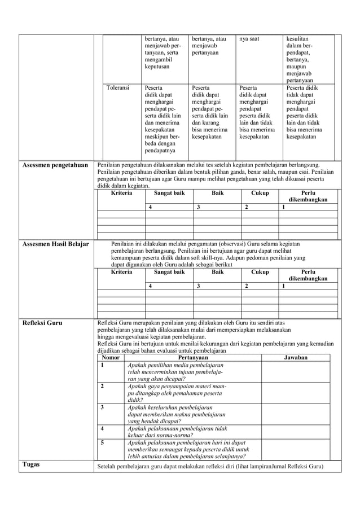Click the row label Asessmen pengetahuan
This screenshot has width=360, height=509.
(x=55, y=165)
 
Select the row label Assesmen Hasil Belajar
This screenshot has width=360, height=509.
(x=55, y=244)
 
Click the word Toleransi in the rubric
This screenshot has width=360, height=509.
(x=118, y=88)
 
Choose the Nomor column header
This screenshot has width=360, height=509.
(x=110, y=358)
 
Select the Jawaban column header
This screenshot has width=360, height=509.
(x=296, y=358)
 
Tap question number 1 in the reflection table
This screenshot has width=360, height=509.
(x=102, y=366)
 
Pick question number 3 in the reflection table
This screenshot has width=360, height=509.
(x=102, y=407)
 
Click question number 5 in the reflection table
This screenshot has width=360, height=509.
(x=102, y=443)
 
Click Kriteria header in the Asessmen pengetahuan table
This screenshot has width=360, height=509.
(x=121, y=193)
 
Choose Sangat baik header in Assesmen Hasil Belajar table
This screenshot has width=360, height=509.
(x=169, y=272)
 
